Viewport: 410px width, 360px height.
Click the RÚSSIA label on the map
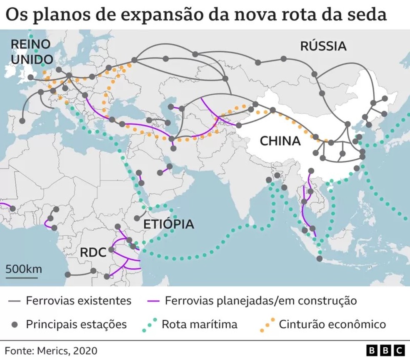point(323,46)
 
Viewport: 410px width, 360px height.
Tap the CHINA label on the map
point(280,141)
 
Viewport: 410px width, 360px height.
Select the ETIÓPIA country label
point(169,224)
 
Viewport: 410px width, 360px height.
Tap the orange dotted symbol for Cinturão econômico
point(267,324)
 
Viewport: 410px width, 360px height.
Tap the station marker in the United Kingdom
point(30,77)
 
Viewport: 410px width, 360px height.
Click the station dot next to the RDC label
point(111,249)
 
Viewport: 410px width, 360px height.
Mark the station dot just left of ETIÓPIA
point(137,218)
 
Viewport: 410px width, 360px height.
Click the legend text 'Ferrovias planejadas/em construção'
point(261,301)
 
